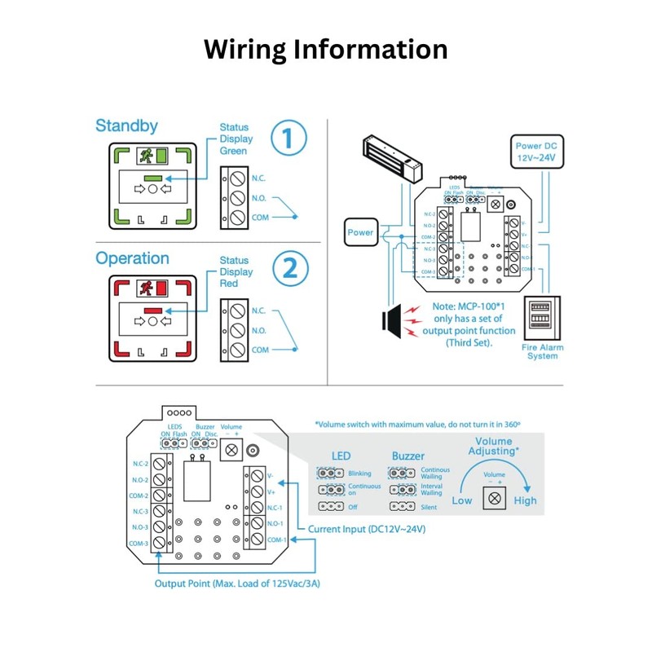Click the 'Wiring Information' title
coord(325,49)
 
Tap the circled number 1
coord(289,139)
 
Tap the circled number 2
coord(289,270)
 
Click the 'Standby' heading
coord(126,126)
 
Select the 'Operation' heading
coord(132,258)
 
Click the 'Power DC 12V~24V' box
coord(535,151)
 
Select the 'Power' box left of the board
coord(360,232)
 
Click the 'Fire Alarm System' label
coord(542,352)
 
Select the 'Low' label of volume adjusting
coord(462,500)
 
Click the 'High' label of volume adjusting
coord(525,500)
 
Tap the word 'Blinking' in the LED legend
coord(359,473)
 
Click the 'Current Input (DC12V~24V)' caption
coord(367,530)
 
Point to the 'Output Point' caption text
coord(237,584)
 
